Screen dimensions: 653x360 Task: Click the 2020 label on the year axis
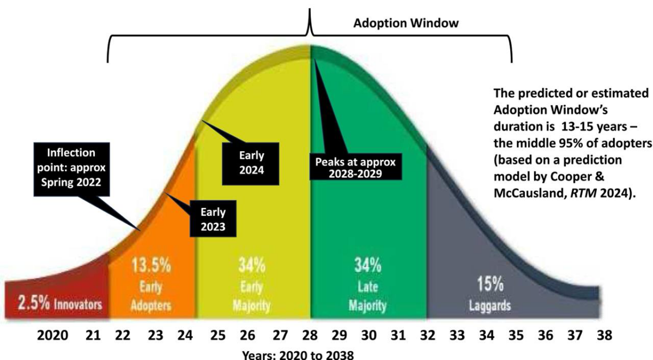tap(53, 335)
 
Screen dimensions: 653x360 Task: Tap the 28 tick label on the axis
tap(310, 335)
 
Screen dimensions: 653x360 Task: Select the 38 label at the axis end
tap(604, 335)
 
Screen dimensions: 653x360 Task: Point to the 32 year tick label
tap(427, 335)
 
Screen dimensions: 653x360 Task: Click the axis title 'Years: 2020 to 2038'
tap(298, 355)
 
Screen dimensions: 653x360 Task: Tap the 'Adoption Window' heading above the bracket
tap(406, 23)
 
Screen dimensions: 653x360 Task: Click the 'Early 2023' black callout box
tap(213, 219)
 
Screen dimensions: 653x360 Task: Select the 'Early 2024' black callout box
tap(251, 163)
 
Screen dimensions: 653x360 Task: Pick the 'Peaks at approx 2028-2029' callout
tap(355, 167)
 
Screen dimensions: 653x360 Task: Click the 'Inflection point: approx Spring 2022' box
tap(71, 169)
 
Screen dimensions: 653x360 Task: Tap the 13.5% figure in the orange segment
tap(151, 266)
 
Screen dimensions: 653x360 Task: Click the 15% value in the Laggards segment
tap(489, 285)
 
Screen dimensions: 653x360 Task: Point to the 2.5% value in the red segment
tap(34, 303)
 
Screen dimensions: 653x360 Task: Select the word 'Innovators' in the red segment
tap(78, 304)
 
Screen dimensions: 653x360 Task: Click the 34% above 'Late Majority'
tap(367, 266)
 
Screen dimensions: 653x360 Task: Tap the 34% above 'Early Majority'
tap(251, 266)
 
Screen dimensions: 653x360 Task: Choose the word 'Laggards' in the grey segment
tap(489, 306)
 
